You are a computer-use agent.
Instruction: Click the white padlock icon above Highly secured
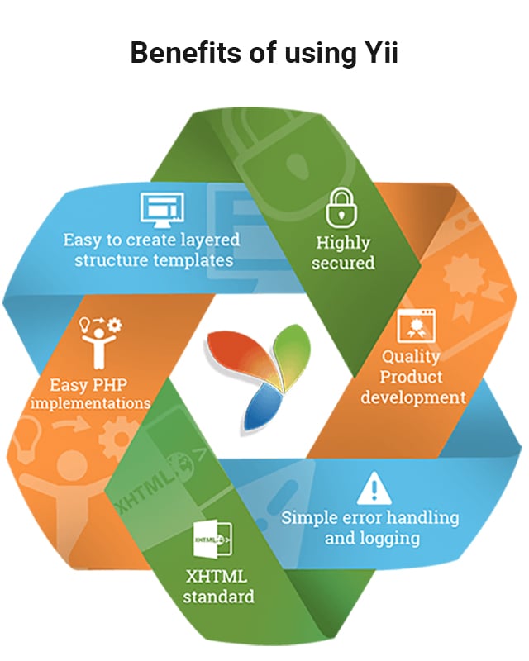coord(343,207)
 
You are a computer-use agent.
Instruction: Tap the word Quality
coord(411,358)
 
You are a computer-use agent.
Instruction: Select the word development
coord(413,397)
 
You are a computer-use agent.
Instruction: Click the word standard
coord(218,596)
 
